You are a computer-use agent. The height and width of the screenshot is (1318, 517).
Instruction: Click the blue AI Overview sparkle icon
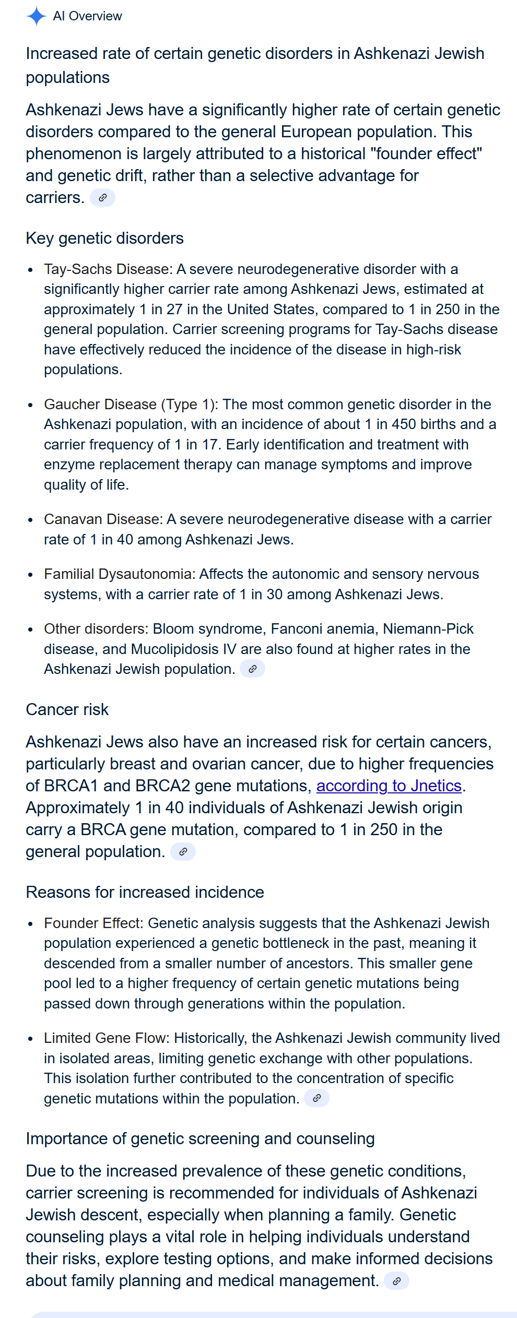coord(36,16)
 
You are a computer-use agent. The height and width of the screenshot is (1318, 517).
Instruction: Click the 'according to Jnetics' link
coord(389,786)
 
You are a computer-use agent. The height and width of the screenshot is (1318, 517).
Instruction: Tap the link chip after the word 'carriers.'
coord(102,198)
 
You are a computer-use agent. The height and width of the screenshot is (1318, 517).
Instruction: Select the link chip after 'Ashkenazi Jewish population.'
coord(252,669)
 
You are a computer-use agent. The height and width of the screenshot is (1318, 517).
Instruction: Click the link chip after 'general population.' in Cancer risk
coord(183,851)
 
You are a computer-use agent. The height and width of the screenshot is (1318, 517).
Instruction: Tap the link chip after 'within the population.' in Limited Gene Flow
coord(316,1098)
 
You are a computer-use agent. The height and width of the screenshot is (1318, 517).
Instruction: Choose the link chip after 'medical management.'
coord(396,1280)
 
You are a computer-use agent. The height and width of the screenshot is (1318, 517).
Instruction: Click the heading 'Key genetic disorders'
coord(104,238)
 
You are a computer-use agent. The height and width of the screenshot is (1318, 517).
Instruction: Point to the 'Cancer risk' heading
coord(67,709)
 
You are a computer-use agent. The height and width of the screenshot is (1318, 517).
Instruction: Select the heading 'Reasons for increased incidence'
coord(145,892)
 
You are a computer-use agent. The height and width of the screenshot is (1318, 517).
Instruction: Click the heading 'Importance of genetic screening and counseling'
coord(200,1138)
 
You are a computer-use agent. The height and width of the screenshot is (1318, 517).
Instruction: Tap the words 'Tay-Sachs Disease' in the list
coord(107,269)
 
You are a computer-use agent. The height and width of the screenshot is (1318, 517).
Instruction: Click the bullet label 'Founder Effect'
coord(92,923)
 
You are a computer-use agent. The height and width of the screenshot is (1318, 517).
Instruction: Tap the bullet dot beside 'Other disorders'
coord(31,630)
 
